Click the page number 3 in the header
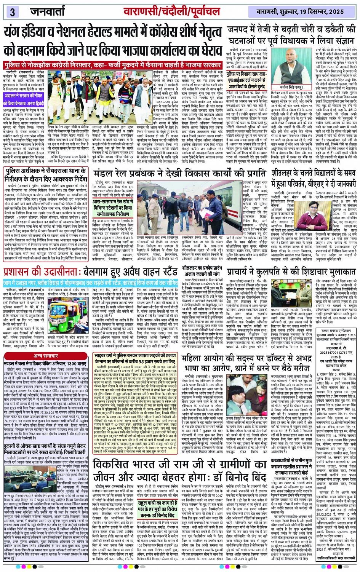click(12, 12)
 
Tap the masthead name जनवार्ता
click(48, 11)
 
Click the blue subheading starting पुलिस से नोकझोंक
click(113, 66)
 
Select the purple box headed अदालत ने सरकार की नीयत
click(24, 99)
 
